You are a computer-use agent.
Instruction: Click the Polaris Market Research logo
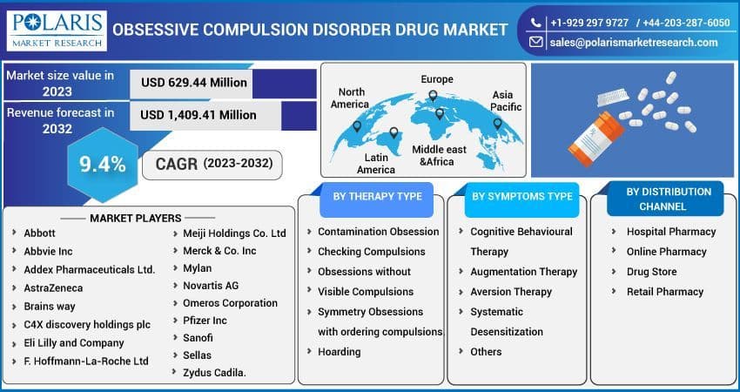coord(54,29)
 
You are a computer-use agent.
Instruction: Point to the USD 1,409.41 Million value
coord(198,114)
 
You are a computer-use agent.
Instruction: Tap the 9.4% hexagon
coord(103,164)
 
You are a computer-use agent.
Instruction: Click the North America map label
coord(352,98)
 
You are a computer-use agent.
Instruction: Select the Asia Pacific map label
coord(506,101)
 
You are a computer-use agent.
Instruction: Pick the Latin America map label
coord(376,164)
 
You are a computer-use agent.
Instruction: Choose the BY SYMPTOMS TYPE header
coord(522,197)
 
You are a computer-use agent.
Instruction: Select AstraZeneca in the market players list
coord(53,287)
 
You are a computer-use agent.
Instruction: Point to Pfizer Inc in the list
coord(205,321)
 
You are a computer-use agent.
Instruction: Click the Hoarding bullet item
coord(339,352)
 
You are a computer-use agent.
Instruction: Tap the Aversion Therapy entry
coord(511,292)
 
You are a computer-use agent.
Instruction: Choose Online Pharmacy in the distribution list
coord(666,252)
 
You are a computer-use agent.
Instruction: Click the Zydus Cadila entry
coord(214,373)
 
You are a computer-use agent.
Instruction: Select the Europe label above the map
coord(437,79)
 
